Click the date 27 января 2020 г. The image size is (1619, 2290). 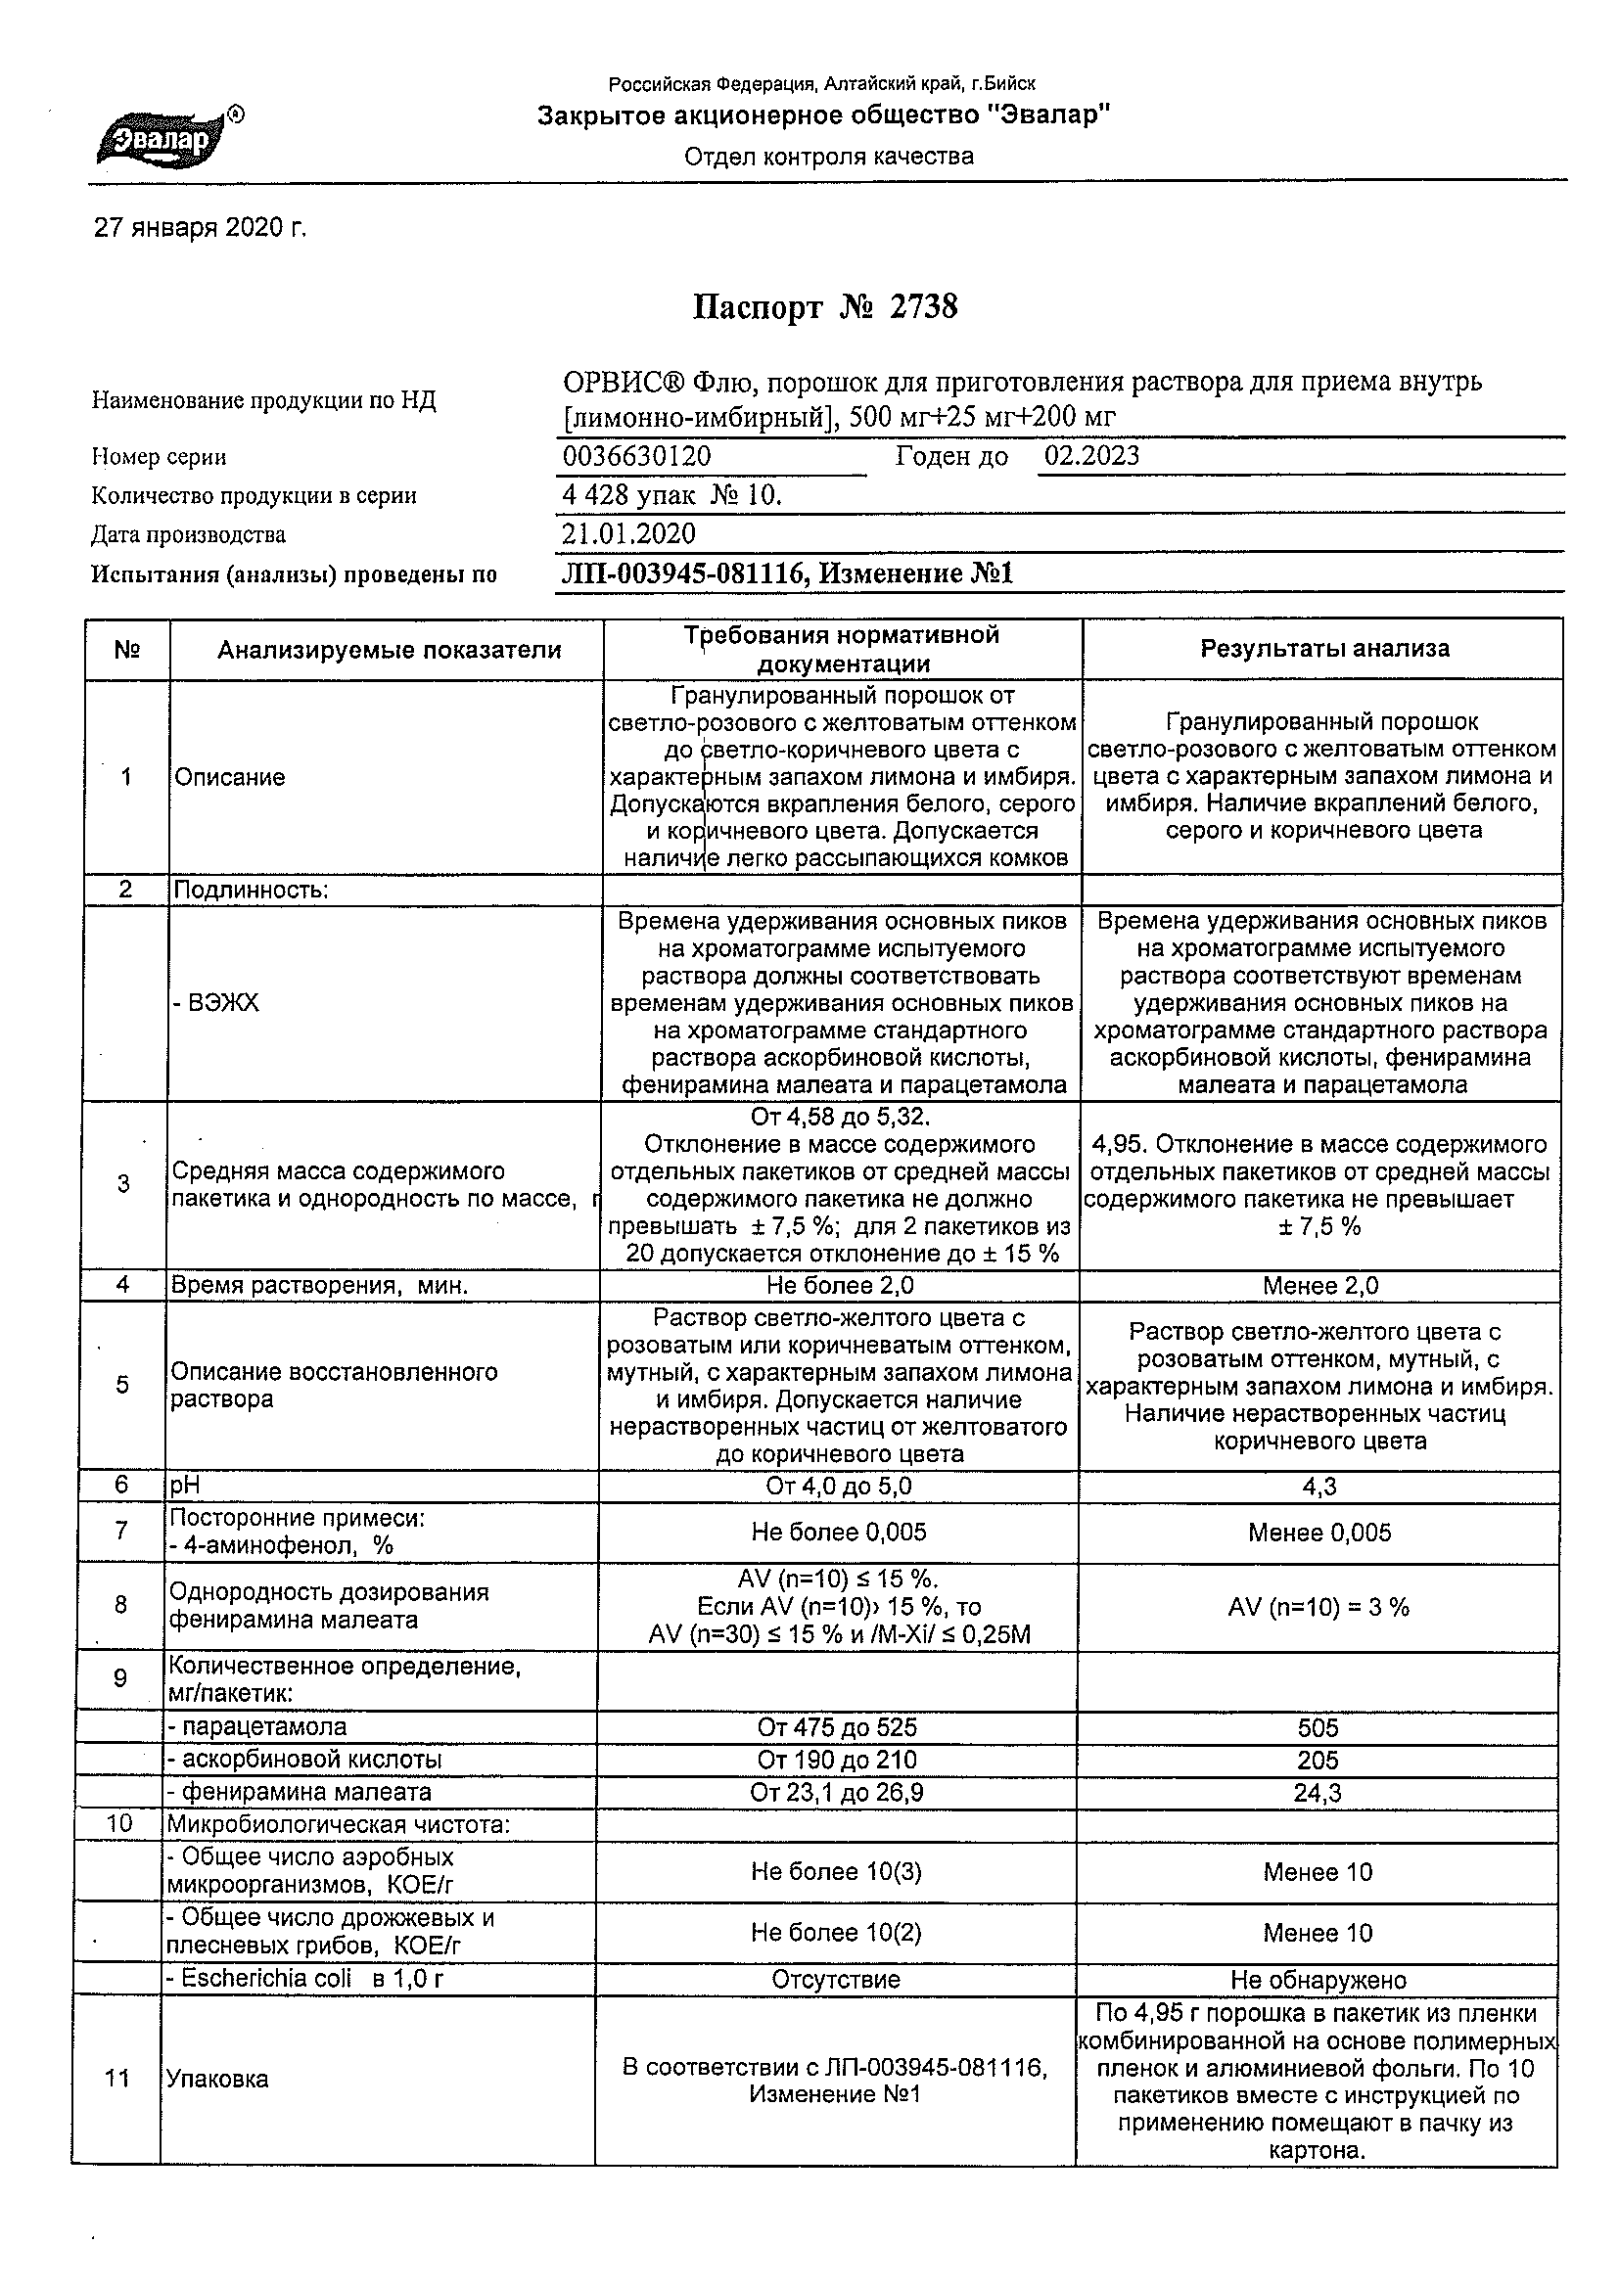click(x=200, y=228)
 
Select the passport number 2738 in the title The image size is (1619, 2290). click(x=923, y=307)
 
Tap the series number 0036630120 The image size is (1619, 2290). click(x=636, y=457)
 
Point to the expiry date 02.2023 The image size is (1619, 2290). click(x=1091, y=456)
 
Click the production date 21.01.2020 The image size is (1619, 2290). click(x=628, y=533)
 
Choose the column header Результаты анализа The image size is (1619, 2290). click(x=1323, y=649)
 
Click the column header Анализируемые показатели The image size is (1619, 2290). click(x=389, y=650)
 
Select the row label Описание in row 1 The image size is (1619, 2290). click(x=229, y=777)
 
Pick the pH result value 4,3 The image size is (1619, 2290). click(x=1318, y=1488)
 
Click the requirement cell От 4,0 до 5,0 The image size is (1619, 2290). click(x=838, y=1488)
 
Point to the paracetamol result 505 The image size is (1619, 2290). click(x=1318, y=1727)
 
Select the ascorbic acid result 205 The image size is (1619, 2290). click(x=1318, y=1761)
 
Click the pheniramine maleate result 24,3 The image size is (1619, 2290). click(x=1317, y=1793)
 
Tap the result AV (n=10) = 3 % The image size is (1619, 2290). click(x=1318, y=1607)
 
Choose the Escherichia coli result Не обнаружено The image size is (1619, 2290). click(x=1318, y=1980)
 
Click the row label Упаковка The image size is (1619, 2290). click(x=216, y=2080)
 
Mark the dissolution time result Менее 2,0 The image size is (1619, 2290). click(x=1319, y=1286)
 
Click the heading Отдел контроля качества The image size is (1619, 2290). click(x=828, y=157)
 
